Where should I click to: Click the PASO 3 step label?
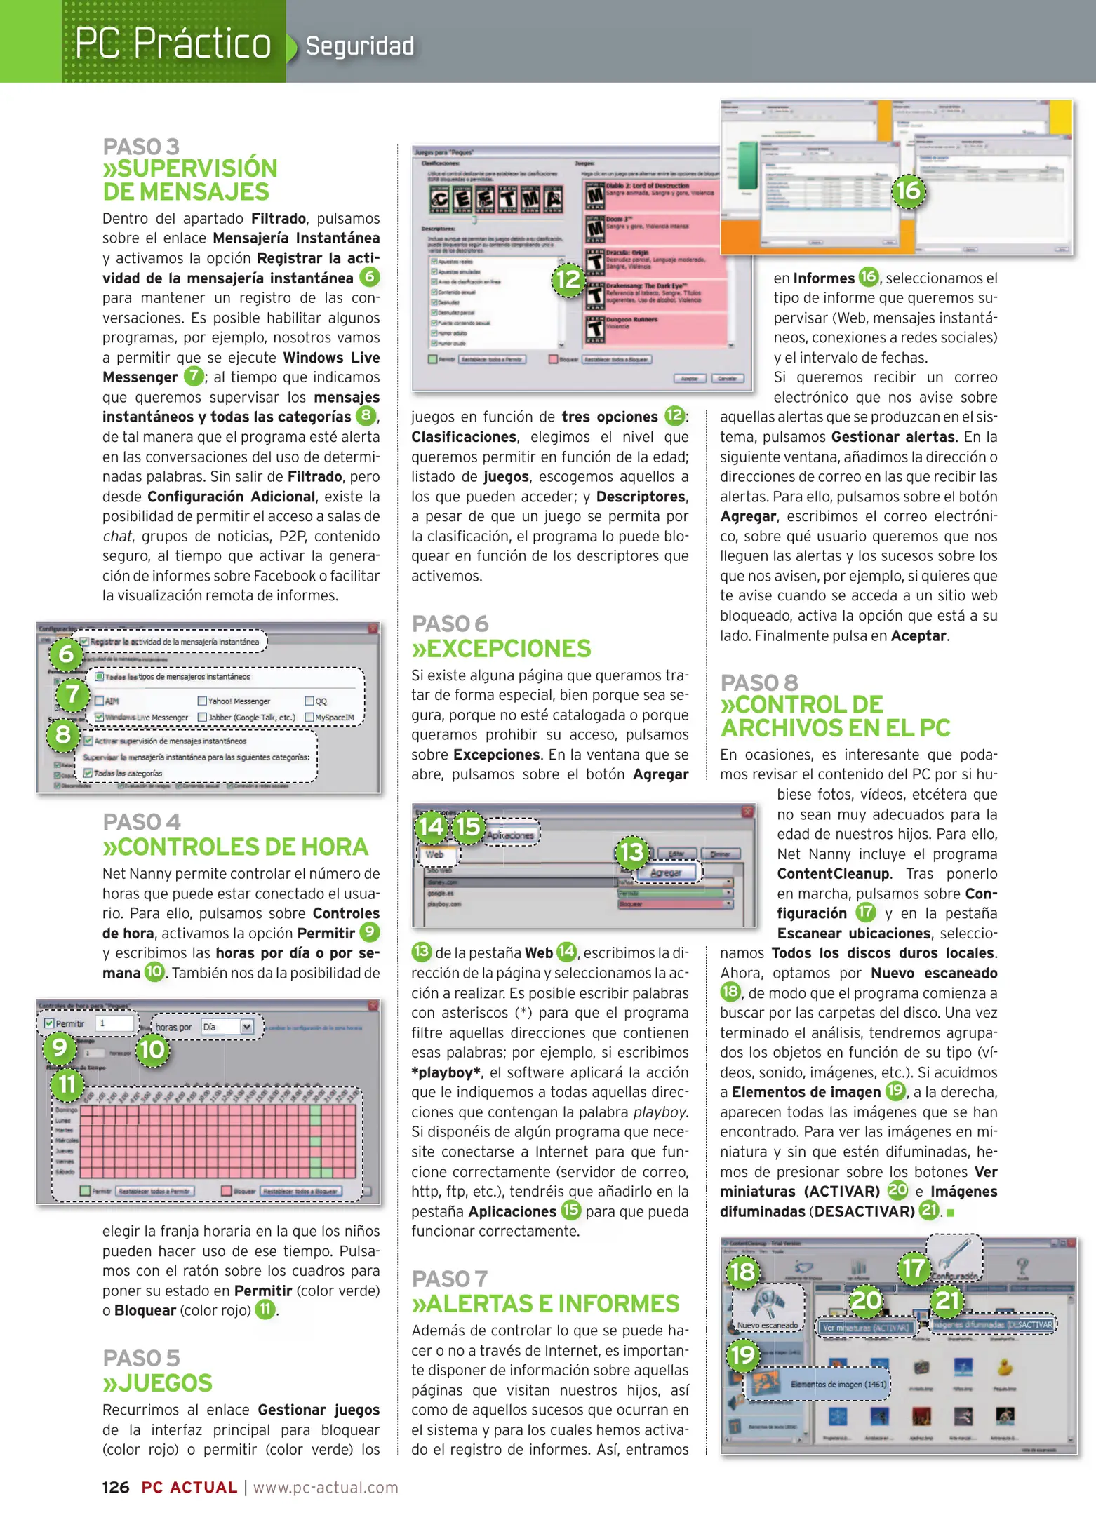click(x=141, y=147)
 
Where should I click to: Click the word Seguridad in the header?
click(x=359, y=46)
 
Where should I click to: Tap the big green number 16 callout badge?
click(x=909, y=191)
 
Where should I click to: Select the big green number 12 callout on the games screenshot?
click(x=568, y=279)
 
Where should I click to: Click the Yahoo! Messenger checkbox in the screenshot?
click(x=203, y=701)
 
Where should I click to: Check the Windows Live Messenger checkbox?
click(x=100, y=717)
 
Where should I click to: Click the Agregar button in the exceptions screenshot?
click(x=665, y=873)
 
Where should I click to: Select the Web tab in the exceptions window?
click(x=435, y=854)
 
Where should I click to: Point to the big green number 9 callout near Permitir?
click(x=60, y=1047)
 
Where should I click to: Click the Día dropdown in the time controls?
click(x=227, y=1027)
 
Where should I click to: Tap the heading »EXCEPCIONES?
click(x=501, y=649)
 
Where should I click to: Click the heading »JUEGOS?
click(x=157, y=1383)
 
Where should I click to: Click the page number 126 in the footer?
click(x=116, y=1488)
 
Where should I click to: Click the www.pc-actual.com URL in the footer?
click(x=326, y=1488)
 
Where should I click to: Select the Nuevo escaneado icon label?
click(x=767, y=1325)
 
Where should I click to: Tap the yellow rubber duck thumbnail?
click(x=1004, y=1367)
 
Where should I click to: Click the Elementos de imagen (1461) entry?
click(x=838, y=1384)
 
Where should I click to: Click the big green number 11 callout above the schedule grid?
click(x=67, y=1084)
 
